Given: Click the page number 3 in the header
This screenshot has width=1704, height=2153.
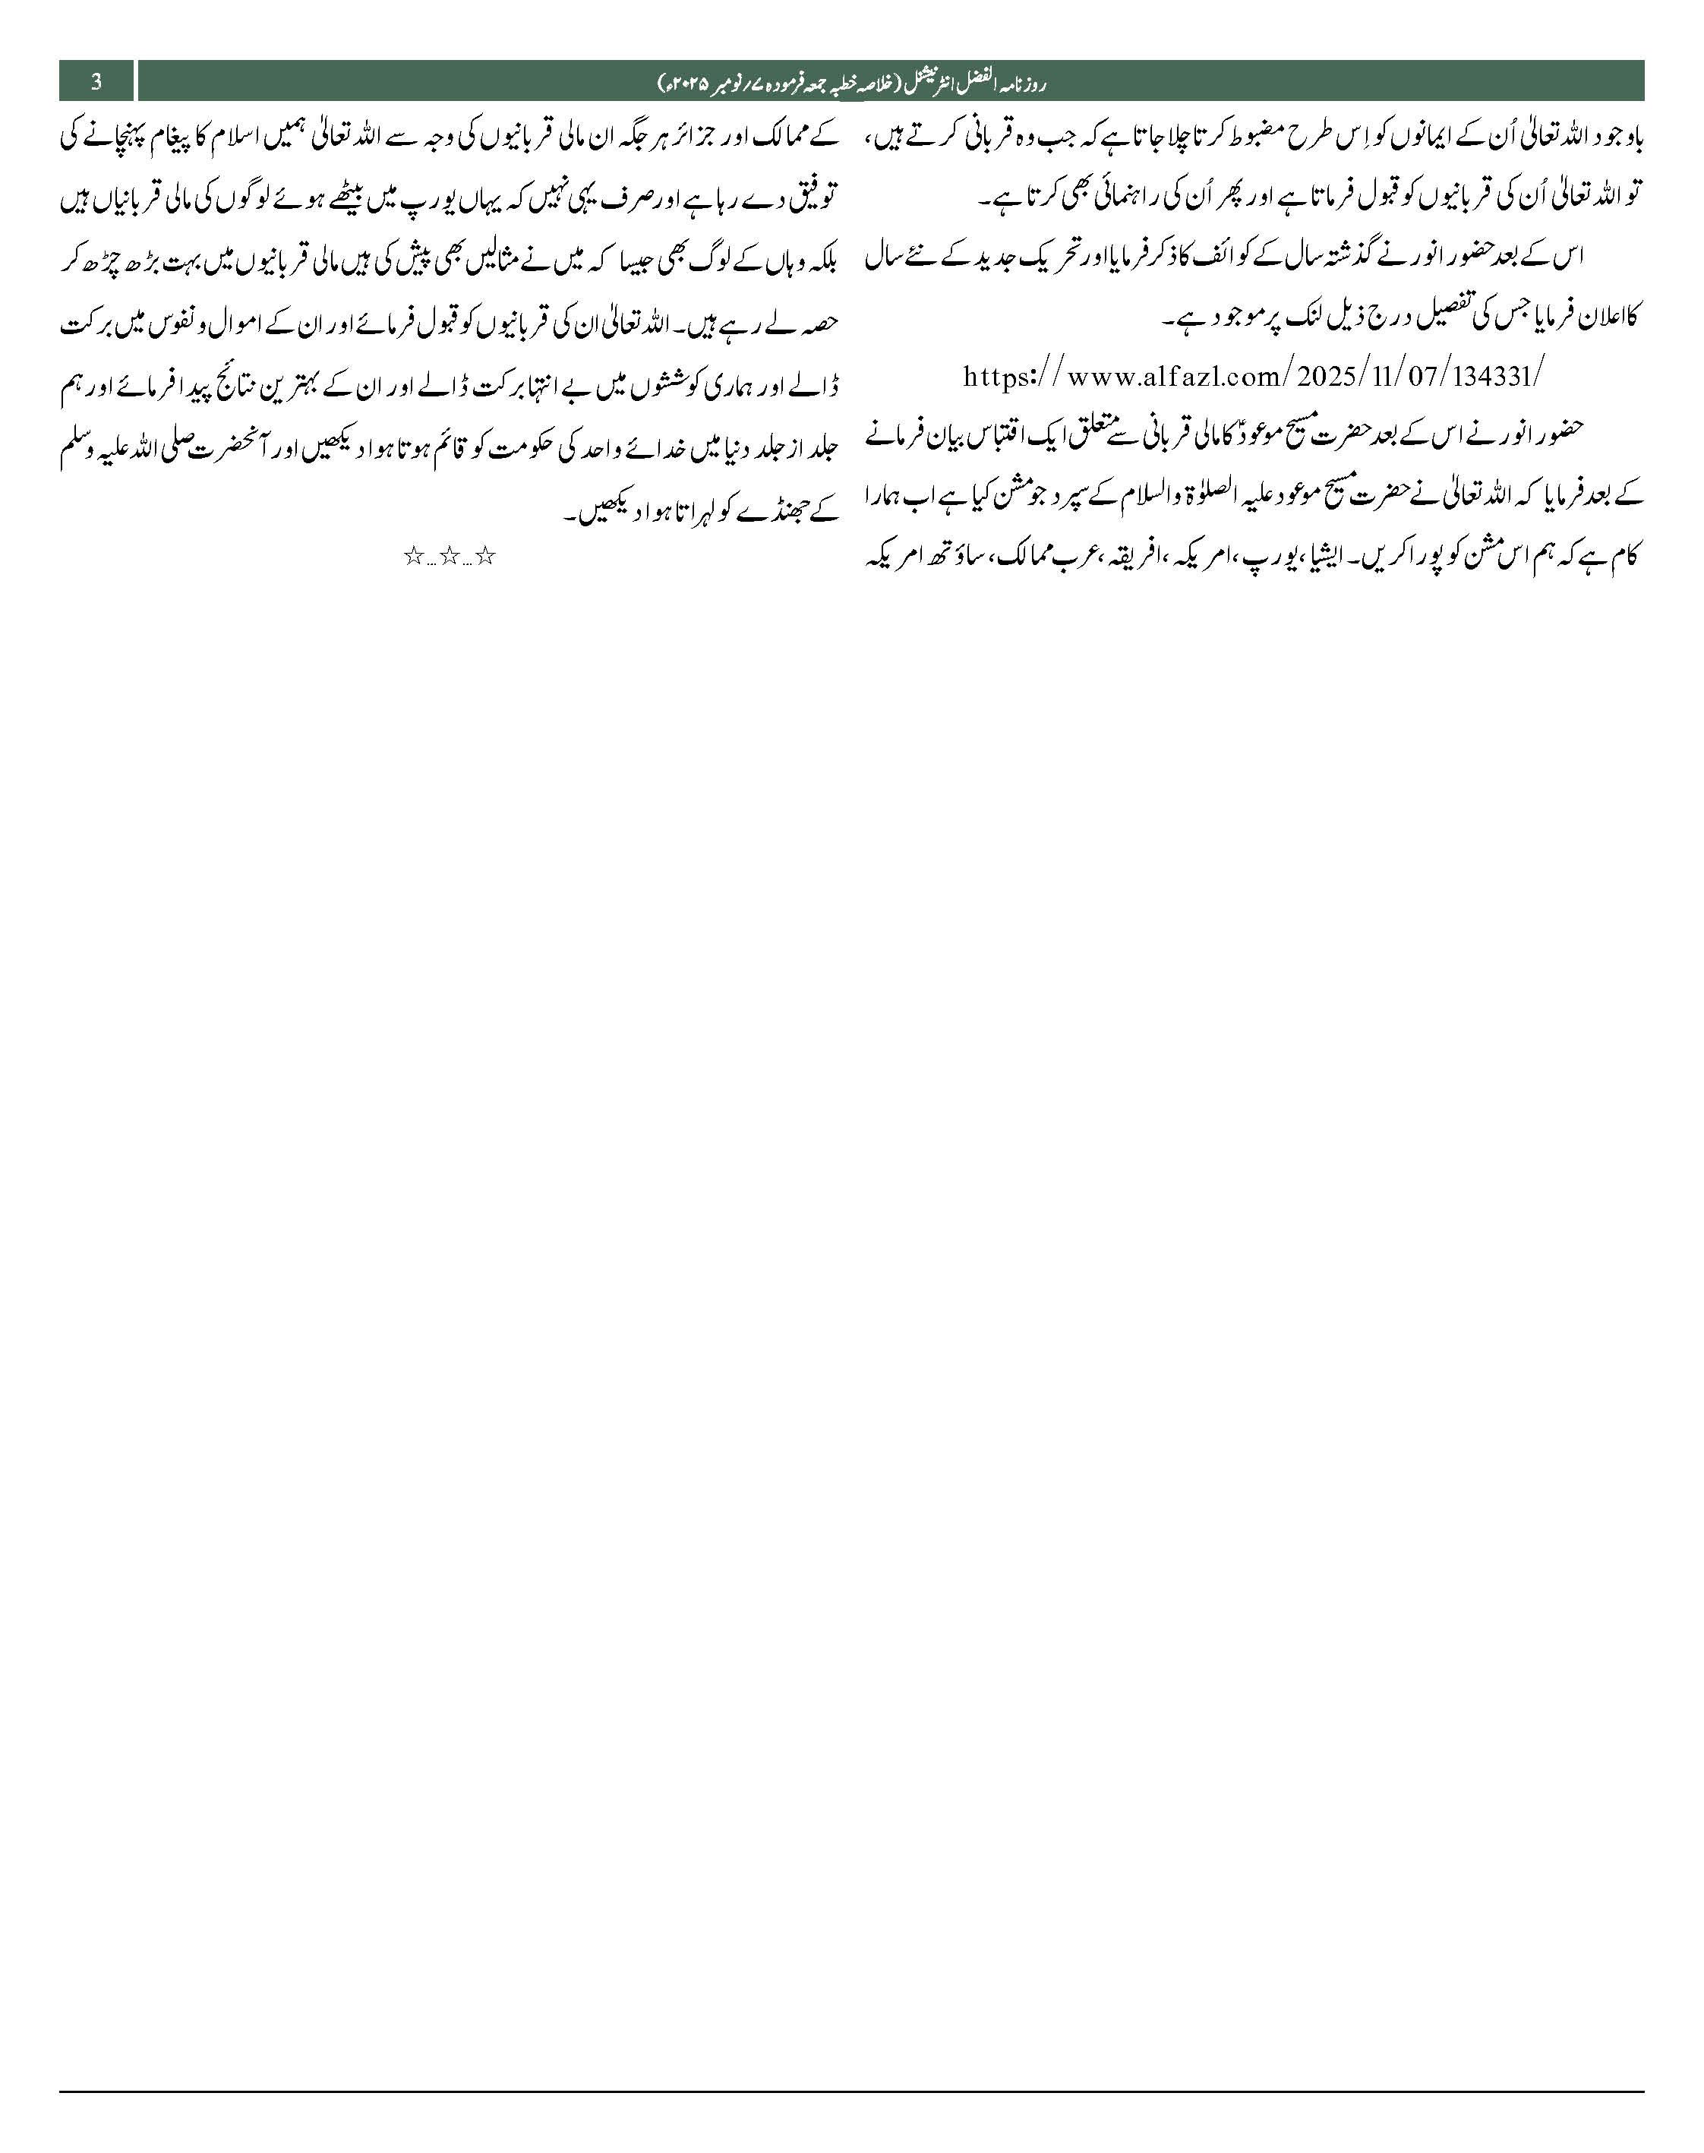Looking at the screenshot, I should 96,82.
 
